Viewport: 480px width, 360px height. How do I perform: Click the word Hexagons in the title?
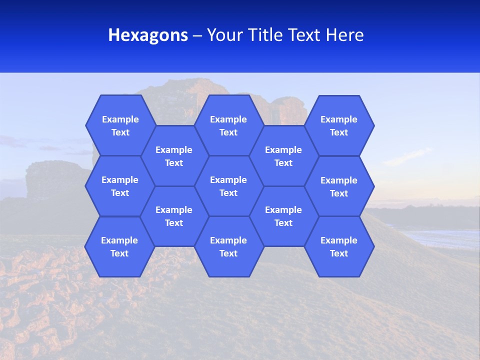148,35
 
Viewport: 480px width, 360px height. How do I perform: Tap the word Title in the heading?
265,35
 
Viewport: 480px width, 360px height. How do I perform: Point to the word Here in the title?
344,35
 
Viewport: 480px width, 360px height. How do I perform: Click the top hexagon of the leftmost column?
120,125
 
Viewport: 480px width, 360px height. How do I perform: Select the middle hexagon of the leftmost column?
120,186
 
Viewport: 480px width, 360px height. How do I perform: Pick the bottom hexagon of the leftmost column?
119,246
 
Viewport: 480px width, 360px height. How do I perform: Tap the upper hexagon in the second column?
174,156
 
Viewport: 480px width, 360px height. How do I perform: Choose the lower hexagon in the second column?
174,216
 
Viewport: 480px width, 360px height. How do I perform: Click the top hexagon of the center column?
228,125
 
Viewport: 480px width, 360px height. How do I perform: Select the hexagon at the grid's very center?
228,186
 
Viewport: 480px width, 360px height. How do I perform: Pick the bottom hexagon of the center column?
228,246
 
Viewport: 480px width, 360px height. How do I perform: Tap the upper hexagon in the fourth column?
283,156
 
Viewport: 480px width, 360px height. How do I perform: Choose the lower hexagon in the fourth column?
283,216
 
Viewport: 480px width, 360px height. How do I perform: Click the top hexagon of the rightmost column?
339,125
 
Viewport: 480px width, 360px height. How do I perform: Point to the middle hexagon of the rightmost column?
339,186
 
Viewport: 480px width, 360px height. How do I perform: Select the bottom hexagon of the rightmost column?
339,246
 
